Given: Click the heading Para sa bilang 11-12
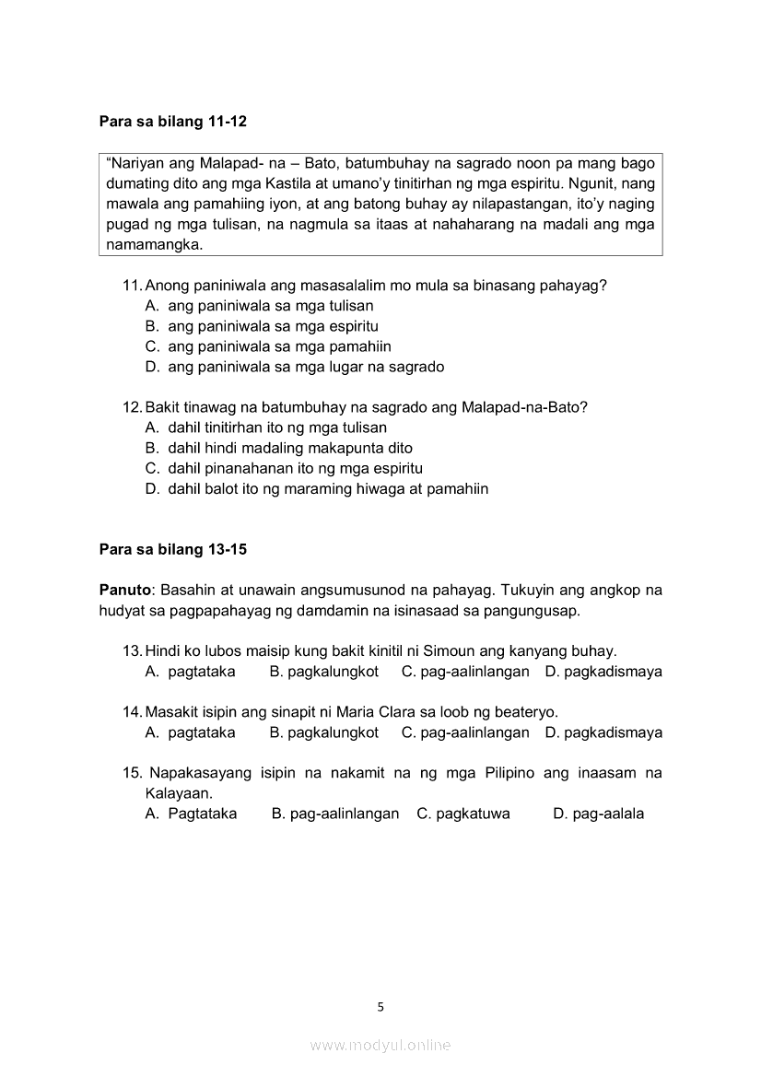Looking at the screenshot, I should pos(172,121).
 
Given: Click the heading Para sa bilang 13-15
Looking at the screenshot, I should pos(172,550).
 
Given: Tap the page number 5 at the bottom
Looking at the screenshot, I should pos(380,1007).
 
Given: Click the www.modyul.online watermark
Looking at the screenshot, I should pos(380,1046).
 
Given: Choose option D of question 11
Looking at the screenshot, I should pos(295,367).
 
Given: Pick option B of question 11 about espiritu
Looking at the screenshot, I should pos(262,326).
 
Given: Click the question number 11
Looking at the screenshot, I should pos(132,286).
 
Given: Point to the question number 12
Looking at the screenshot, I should pos(132,407).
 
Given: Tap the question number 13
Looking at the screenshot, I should pos(132,651).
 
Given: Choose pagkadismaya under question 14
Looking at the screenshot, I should pos(603,732).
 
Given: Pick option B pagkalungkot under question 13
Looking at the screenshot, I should pos(324,672).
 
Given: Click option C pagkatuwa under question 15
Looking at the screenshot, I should pos(463,814).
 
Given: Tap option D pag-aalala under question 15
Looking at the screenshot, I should pos(599,814).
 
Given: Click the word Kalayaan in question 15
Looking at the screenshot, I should pos(179,793).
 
